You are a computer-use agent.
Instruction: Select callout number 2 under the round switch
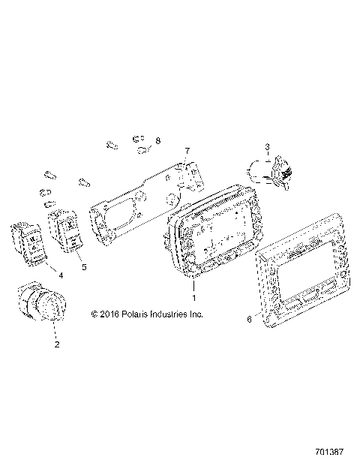(x=55, y=345)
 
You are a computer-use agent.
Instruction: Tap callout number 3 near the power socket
(x=265, y=146)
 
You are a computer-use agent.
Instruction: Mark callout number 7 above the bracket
(x=187, y=151)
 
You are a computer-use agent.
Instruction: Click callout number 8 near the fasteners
(x=158, y=140)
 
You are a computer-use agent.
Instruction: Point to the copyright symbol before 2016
(x=94, y=314)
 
